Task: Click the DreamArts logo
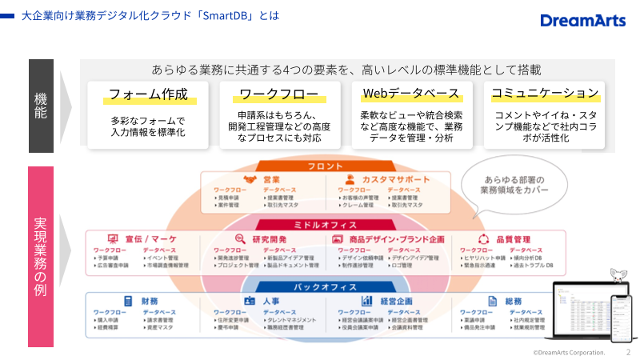(x=582, y=20)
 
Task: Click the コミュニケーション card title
(x=544, y=94)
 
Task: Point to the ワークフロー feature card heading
(x=279, y=94)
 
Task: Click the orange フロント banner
(x=325, y=166)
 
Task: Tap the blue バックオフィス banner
(x=325, y=286)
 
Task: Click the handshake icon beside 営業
(x=250, y=180)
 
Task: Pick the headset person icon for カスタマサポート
(x=350, y=180)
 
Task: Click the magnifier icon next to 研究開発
(x=239, y=238)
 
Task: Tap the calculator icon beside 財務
(x=127, y=301)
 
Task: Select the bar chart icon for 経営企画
(x=366, y=301)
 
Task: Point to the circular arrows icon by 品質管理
(x=483, y=238)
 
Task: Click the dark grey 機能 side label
(x=41, y=106)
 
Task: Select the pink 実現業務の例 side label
(x=41, y=256)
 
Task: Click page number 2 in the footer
(x=628, y=351)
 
